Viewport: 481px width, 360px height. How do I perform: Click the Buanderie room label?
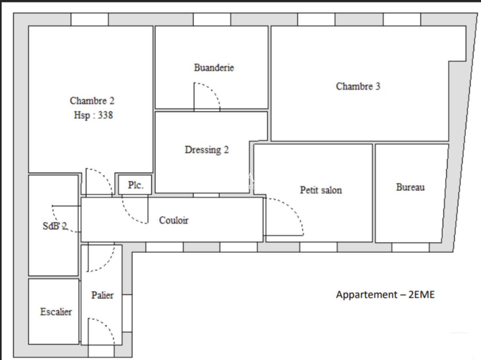click(x=214, y=67)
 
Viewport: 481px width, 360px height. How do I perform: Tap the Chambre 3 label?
click(x=358, y=86)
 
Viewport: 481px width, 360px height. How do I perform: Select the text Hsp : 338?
click(x=93, y=115)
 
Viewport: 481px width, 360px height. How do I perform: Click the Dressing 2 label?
click(x=207, y=150)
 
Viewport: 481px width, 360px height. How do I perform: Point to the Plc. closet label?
click(x=135, y=185)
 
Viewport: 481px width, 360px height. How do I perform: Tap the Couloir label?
click(x=174, y=220)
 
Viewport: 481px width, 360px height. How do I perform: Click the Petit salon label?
click(x=321, y=190)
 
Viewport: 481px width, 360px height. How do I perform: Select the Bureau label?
click(x=410, y=187)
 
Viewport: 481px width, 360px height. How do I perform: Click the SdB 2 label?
click(x=55, y=226)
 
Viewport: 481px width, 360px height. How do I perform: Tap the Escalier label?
click(x=56, y=312)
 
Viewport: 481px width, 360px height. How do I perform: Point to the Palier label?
click(x=102, y=295)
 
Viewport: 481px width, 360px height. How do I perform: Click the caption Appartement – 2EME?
click(x=385, y=295)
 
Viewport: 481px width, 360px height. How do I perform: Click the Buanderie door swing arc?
click(x=213, y=90)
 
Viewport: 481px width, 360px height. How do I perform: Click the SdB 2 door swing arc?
click(x=58, y=224)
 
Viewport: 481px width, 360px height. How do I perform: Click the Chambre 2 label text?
click(x=92, y=101)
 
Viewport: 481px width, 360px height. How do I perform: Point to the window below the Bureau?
click(x=410, y=247)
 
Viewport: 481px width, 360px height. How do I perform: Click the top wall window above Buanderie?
click(x=212, y=19)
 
